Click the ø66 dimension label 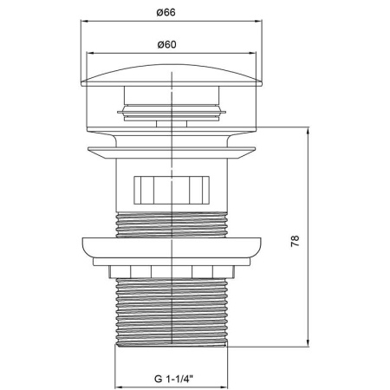click(x=166, y=13)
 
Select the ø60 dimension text click(x=167, y=45)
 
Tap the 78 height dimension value click(x=295, y=241)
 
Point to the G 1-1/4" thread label click(x=173, y=379)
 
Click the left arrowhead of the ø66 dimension click(x=84, y=21)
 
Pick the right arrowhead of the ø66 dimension click(x=258, y=21)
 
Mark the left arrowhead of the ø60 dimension click(x=90, y=53)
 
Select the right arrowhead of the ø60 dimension click(x=252, y=53)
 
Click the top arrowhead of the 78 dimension click(x=309, y=131)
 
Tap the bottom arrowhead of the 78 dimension click(x=309, y=342)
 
